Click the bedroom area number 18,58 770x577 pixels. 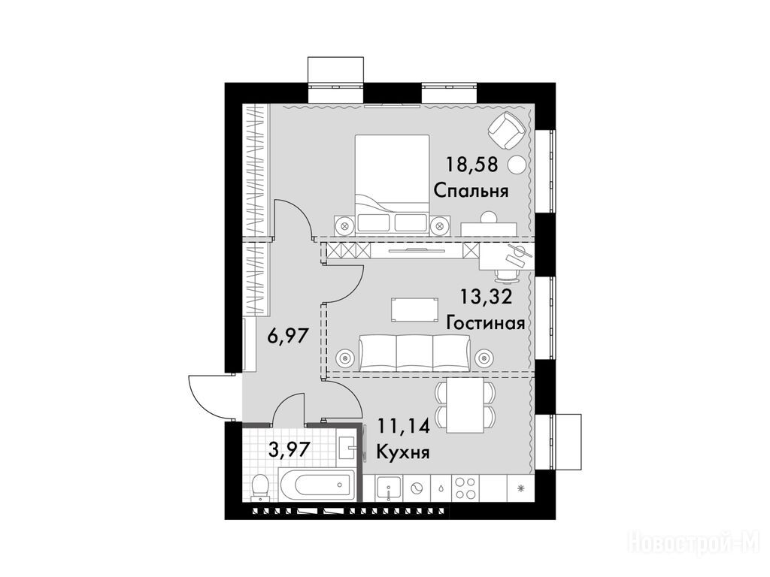pyautogui.click(x=471, y=165)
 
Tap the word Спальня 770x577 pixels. pyautogui.click(x=471, y=191)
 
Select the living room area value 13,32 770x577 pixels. pyautogui.click(x=486, y=296)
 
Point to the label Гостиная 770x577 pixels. pyautogui.click(x=486, y=323)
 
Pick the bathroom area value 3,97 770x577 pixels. pyautogui.click(x=290, y=449)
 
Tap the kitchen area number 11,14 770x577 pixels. pyautogui.click(x=403, y=426)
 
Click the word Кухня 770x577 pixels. pyautogui.click(x=403, y=452)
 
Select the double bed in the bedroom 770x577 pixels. pyautogui.click(x=392, y=183)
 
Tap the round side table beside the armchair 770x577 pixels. pyautogui.click(x=517, y=165)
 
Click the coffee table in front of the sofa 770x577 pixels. pyautogui.click(x=415, y=309)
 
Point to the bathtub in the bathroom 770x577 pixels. pyautogui.click(x=317, y=485)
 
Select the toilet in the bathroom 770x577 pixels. pyautogui.click(x=259, y=487)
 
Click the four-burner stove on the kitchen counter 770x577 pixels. pyautogui.click(x=465, y=488)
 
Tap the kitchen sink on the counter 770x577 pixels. pyautogui.click(x=389, y=488)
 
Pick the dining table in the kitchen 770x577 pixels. pyautogui.click(x=465, y=406)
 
